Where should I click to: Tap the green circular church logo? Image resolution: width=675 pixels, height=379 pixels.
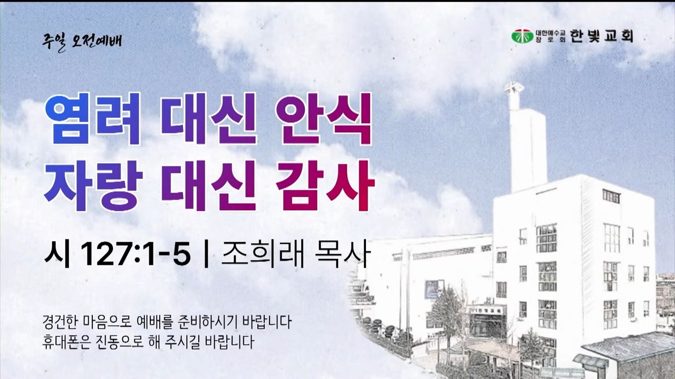click(x=522, y=36)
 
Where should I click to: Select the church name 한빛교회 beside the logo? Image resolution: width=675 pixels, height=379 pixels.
click(x=601, y=36)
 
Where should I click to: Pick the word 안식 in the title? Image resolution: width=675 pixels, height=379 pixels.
click(x=323, y=119)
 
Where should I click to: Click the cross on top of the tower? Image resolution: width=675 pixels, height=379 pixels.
click(x=514, y=88)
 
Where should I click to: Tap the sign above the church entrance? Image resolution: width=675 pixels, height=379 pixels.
click(x=486, y=310)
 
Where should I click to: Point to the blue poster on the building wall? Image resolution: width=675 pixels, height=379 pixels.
click(x=434, y=290)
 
